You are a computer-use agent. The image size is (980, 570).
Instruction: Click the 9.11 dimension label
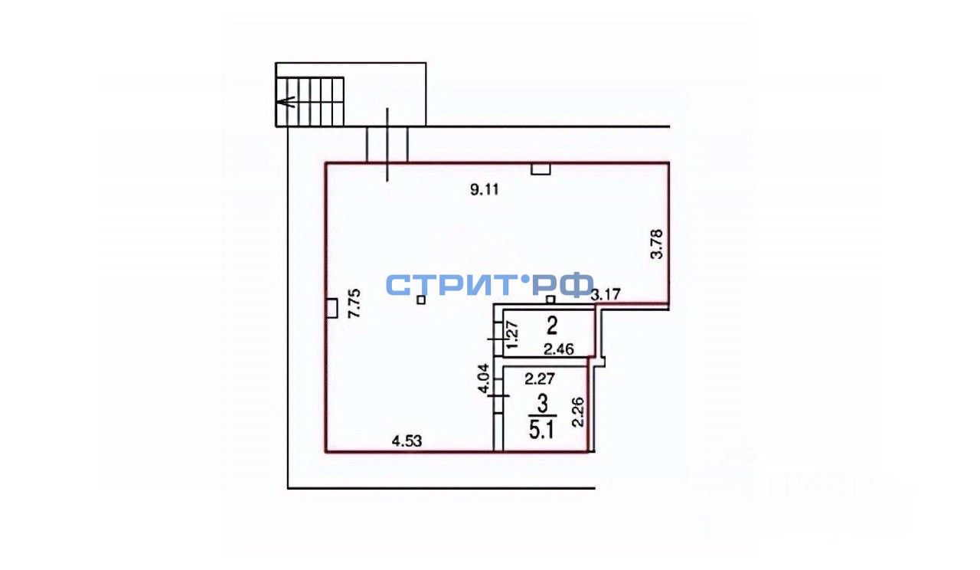pos(484,192)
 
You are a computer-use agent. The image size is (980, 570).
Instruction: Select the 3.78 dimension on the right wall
pos(656,244)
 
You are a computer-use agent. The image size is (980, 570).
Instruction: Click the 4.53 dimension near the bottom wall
pos(407,441)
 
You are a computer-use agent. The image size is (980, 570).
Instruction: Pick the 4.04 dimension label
pos(482,378)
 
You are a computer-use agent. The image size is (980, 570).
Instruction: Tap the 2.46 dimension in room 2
pos(559,350)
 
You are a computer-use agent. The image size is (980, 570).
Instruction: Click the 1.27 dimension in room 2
pos(514,336)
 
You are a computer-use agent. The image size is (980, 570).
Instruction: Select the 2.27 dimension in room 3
pos(540,377)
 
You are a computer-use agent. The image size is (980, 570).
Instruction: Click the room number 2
pos(550,327)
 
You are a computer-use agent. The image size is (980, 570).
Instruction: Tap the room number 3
pos(542,402)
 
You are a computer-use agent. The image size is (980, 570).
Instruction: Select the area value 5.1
pos(542,427)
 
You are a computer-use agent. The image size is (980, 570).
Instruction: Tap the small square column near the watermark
pos(420,301)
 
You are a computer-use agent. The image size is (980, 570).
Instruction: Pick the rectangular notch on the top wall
pos(541,169)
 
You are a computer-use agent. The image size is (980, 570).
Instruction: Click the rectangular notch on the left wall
pos(332,308)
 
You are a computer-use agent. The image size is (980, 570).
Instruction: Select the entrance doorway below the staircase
pos(387,144)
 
